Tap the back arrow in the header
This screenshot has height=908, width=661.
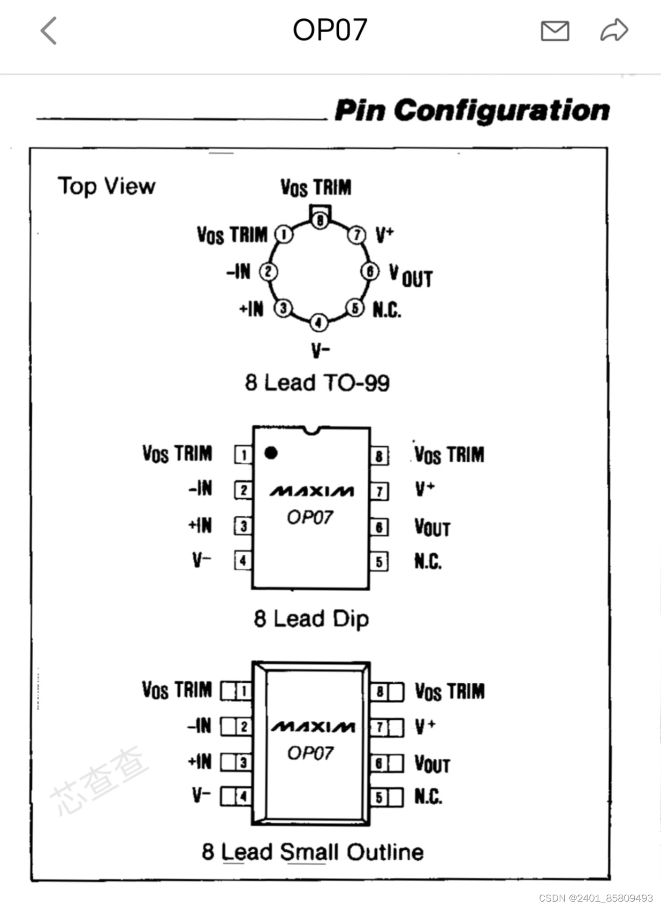point(49,30)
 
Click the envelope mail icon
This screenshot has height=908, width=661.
point(554,31)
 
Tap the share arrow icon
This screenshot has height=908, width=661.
point(614,30)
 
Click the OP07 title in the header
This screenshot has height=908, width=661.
point(330,30)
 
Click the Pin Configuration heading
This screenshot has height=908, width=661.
point(472,110)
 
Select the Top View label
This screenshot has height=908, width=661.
point(107,186)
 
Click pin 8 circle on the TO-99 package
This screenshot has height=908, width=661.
point(320,219)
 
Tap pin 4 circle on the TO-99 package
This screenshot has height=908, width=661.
point(318,322)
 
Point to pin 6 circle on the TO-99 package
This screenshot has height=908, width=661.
point(370,271)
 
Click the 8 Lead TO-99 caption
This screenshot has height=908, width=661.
point(317,383)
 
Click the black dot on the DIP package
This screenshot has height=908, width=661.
point(271,453)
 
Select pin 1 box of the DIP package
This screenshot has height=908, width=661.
point(244,455)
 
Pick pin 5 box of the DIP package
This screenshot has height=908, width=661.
point(379,562)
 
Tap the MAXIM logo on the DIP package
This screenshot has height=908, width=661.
point(311,491)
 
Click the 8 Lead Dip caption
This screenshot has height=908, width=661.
point(311,619)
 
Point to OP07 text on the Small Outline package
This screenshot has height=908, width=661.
point(310,753)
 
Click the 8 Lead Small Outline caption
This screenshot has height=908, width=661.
point(313,852)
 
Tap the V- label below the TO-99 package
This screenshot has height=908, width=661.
point(321,350)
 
